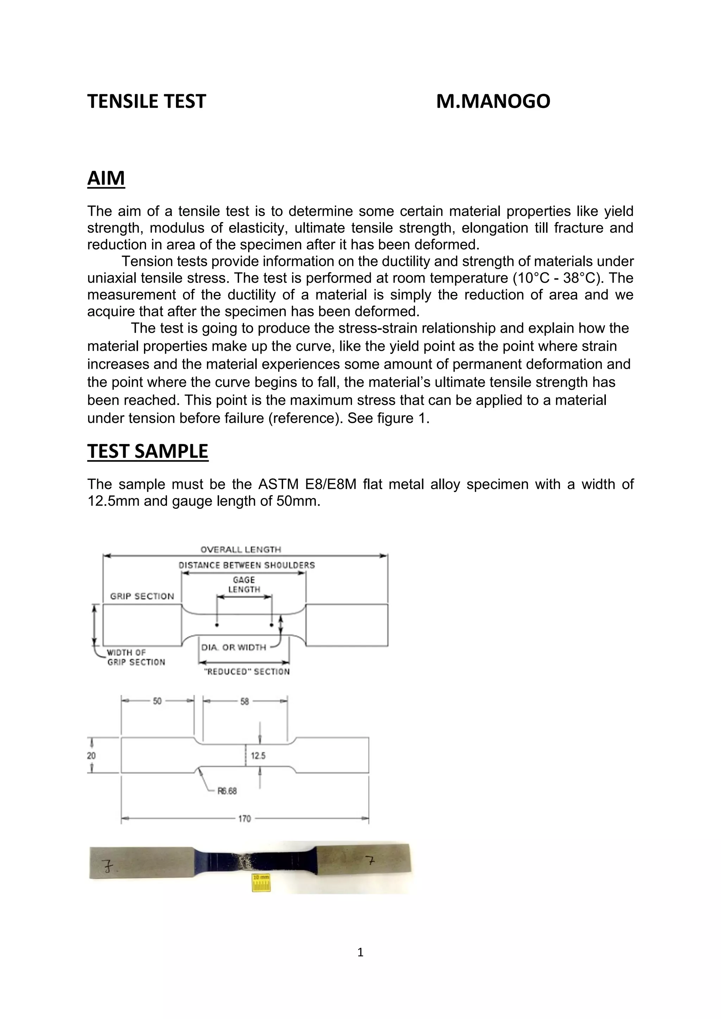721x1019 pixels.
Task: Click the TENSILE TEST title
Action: click(146, 101)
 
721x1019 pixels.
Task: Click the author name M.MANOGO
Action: click(493, 101)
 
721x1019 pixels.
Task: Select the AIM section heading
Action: click(106, 178)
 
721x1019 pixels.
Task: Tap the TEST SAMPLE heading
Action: click(148, 451)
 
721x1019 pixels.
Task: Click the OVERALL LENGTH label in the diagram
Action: click(241, 550)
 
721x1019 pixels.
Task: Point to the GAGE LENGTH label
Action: click(244, 584)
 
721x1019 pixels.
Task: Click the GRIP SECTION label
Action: click(142, 596)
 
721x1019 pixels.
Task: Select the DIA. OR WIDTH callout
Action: click(233, 647)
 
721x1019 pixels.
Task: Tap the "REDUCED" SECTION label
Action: click(246, 671)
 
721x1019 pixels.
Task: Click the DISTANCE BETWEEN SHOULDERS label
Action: click(246, 565)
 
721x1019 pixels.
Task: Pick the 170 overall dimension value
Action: click(245, 819)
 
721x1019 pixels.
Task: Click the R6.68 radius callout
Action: click(227, 791)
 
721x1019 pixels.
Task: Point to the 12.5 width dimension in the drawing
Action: click(258, 756)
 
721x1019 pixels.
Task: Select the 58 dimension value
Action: click(245, 701)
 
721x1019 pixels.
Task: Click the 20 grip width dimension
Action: click(91, 755)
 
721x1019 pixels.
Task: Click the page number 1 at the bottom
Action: click(360, 952)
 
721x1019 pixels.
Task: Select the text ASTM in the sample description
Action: click(275, 484)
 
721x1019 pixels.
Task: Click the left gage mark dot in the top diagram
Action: click(217, 625)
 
